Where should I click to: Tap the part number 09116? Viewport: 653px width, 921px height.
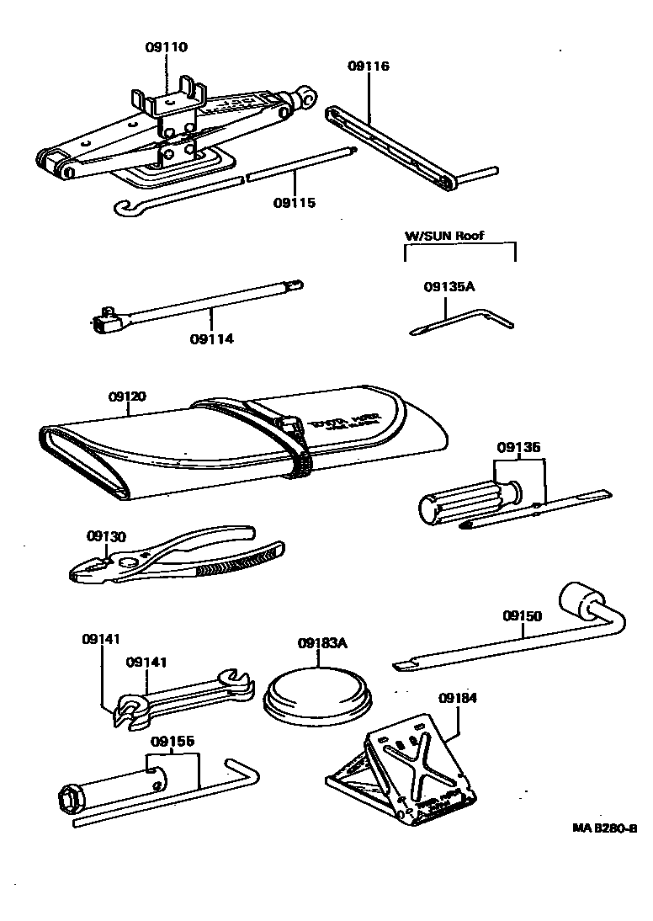tap(368, 67)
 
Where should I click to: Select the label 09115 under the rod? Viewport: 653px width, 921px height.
tap(295, 203)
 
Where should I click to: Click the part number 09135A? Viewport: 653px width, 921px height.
tap(449, 286)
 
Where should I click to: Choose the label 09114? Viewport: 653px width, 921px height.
tap(211, 339)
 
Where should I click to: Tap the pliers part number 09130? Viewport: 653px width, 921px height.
tap(106, 535)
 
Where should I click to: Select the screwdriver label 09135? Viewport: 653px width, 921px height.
tap(518, 448)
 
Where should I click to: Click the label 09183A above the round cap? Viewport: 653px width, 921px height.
tap(322, 644)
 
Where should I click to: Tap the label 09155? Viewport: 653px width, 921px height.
tap(173, 742)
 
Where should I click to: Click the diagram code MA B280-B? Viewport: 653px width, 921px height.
tap(604, 828)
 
